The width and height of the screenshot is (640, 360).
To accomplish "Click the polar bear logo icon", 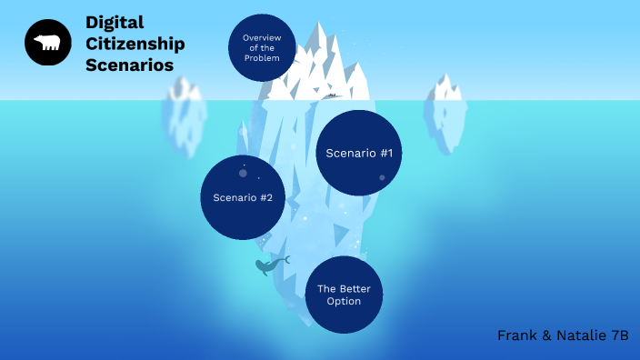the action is coord(48,43).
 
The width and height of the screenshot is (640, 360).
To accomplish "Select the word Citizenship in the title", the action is coord(135,44).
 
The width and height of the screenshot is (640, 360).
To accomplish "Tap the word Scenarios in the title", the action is coord(129,65).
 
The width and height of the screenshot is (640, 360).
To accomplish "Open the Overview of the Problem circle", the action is coord(262,48).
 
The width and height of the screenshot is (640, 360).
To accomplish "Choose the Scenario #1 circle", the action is coord(359,153).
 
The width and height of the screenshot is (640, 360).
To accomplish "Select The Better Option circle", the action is coord(344,295).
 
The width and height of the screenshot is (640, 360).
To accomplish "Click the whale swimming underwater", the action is coord(269,265).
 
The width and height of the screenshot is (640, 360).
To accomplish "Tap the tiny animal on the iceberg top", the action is coord(332,95).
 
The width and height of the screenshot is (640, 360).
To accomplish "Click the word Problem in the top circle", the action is coord(262,58).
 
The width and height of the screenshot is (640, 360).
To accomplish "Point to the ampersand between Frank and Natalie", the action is coord(548,335).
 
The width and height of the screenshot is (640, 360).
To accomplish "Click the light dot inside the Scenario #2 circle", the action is coord(243,173).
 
